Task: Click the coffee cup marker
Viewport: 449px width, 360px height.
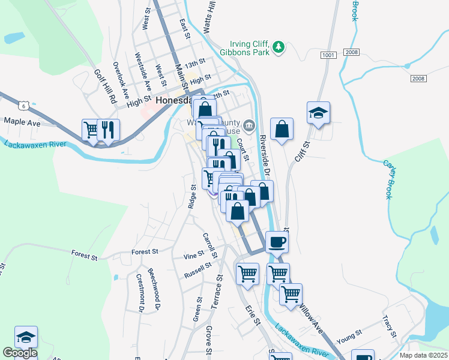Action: pyautogui.click(x=276, y=242)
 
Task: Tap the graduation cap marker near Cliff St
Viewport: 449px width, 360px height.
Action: pyautogui.click(x=319, y=113)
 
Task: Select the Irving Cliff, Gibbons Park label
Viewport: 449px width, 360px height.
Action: pyautogui.click(x=250, y=48)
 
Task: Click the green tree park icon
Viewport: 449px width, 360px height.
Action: pyautogui.click(x=278, y=47)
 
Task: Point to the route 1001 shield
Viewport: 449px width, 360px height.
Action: pyautogui.click(x=328, y=55)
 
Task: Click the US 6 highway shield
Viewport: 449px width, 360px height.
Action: pyautogui.click(x=23, y=106)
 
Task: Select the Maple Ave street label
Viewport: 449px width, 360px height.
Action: pyautogui.click(x=22, y=122)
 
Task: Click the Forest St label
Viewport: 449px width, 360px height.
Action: pyautogui.click(x=85, y=256)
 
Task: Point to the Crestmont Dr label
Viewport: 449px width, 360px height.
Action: pyautogui.click(x=140, y=292)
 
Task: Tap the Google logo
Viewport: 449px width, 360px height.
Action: pyautogui.click(x=19, y=353)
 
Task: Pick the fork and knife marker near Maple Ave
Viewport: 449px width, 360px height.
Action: pyautogui.click(x=108, y=130)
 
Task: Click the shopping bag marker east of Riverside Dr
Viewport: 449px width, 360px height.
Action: pyautogui.click(x=281, y=128)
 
